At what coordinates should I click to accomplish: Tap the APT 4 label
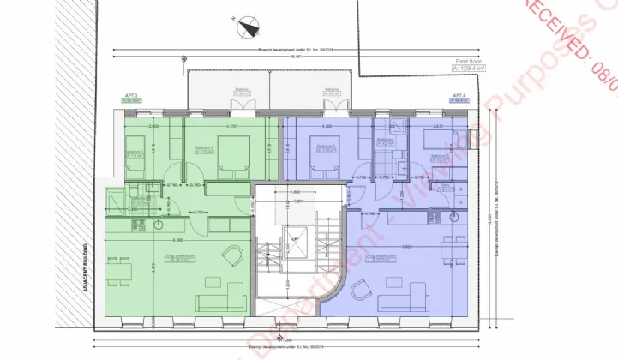(x=459, y=97)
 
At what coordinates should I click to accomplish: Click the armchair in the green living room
(x=232, y=255)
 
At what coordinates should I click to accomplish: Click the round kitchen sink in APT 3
(x=159, y=225)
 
